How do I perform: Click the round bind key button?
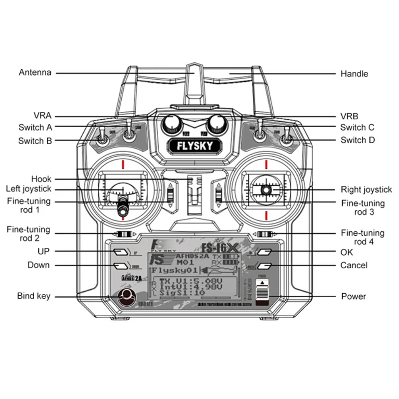click(126, 297)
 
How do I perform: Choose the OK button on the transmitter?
click(265, 252)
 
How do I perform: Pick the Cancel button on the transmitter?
click(265, 266)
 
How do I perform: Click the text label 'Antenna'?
click(35, 72)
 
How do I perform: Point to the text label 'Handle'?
click(354, 74)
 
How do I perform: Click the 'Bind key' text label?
click(33, 296)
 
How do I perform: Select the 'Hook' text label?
click(41, 179)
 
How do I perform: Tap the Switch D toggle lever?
click(288, 137)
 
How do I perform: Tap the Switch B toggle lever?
click(103, 137)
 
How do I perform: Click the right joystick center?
click(267, 190)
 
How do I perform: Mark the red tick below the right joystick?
click(267, 215)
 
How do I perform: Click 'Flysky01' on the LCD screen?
click(170, 270)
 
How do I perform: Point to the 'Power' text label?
click(354, 296)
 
